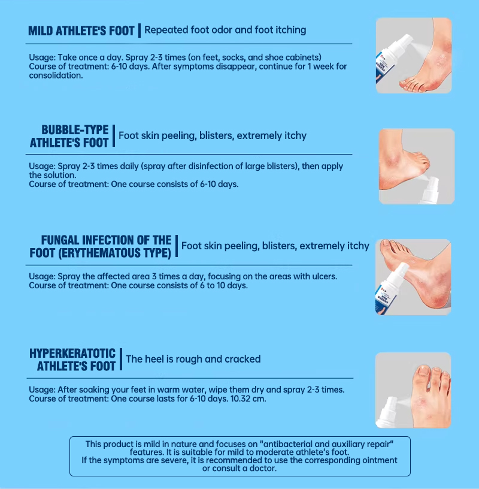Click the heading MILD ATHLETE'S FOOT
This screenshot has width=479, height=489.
[81, 31]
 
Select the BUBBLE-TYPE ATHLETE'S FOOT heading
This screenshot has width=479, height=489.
[69, 136]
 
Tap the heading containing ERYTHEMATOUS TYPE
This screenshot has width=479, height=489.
[101, 246]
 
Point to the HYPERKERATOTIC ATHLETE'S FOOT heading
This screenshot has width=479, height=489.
[72, 360]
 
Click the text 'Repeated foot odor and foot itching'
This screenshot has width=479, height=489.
[225, 29]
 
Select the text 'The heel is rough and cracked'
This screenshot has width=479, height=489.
[193, 359]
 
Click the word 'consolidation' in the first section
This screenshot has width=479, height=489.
[56, 76]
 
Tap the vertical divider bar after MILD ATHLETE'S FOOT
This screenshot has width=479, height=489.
[140, 30]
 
